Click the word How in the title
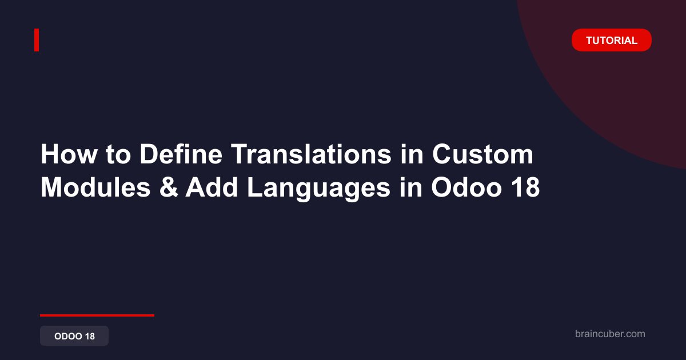click(69, 154)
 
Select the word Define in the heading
click(181, 154)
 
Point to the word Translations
click(311, 154)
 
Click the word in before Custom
click(412, 154)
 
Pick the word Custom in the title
click(482, 154)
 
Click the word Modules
click(95, 187)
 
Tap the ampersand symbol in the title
click(169, 187)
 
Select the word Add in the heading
click(212, 187)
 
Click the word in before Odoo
click(410, 187)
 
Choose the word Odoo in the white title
click(466, 187)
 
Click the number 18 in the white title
click(525, 187)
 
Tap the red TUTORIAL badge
click(612, 40)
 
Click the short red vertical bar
click(37, 40)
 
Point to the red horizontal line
click(97, 315)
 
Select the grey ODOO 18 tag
click(74, 336)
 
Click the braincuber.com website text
click(610, 334)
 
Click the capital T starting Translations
click(239, 154)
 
